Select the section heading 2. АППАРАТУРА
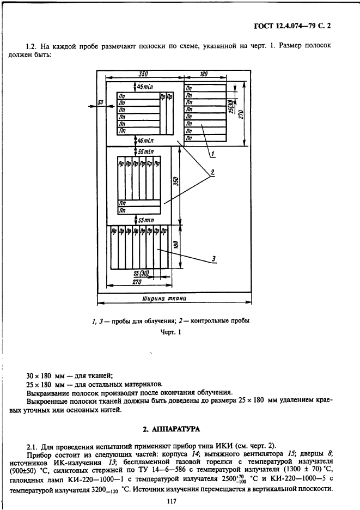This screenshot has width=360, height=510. click(180, 429)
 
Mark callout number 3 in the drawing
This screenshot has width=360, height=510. click(214, 258)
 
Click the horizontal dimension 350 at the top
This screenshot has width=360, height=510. click(143, 74)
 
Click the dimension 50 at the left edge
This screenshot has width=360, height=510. click(100, 102)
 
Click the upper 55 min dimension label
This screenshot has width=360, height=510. click(145, 151)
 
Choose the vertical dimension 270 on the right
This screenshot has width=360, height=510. click(240, 116)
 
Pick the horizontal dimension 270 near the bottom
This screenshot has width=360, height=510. click(136, 283)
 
